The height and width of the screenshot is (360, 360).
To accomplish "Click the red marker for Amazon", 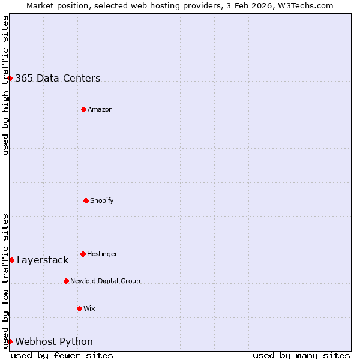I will (x=83, y=109).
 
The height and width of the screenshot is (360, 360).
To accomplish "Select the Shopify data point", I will (x=86, y=200).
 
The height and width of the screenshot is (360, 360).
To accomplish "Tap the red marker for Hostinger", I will (x=83, y=254).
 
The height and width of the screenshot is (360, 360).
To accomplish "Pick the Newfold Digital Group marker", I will (x=66, y=281).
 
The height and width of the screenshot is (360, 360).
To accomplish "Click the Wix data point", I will (x=79, y=308).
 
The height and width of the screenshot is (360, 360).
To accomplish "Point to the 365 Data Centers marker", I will (x=10, y=78).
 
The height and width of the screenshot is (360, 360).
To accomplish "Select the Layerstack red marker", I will (x=11, y=260).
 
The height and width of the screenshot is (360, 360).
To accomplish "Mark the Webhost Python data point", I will (x=10, y=341).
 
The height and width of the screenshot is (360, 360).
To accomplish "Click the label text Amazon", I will (x=100, y=109).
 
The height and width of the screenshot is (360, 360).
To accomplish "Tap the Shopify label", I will (x=102, y=200).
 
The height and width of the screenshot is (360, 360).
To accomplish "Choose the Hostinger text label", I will (x=103, y=254).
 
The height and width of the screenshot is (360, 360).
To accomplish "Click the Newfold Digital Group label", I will (x=105, y=281).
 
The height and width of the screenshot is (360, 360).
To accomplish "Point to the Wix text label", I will (x=89, y=308).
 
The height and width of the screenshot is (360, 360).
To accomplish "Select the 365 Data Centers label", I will (x=58, y=78).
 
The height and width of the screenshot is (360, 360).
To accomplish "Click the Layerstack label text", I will (x=43, y=260).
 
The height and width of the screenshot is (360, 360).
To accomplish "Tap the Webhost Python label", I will (x=54, y=341).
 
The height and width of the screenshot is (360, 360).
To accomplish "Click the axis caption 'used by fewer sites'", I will (x=62, y=355).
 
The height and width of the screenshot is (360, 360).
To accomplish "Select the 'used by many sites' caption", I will (x=301, y=355).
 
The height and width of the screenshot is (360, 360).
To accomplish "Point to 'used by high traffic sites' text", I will (x=5, y=85).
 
